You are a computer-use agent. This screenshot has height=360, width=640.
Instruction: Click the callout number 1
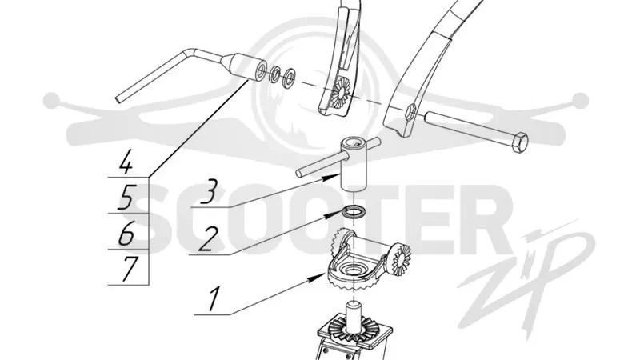point(213,299)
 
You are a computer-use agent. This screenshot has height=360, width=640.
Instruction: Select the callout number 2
point(207,238)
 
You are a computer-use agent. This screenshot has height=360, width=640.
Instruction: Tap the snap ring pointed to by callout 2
point(354,212)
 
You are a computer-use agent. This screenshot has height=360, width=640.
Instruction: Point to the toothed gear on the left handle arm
point(339,94)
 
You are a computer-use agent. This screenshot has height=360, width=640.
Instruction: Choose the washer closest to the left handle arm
point(290,74)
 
